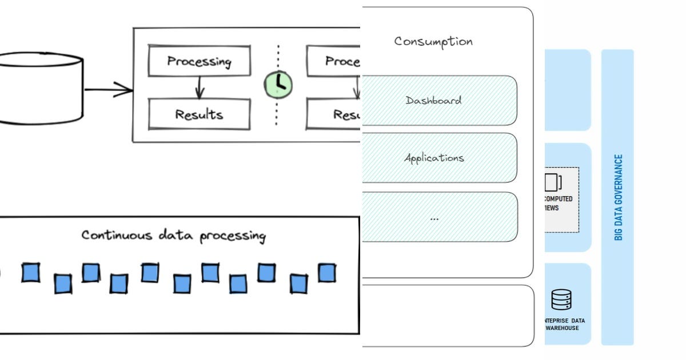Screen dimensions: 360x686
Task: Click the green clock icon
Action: (x=278, y=84)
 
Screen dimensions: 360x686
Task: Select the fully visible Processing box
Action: (x=199, y=62)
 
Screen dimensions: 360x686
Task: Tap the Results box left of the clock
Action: (x=199, y=114)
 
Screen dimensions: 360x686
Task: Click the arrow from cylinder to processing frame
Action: (x=109, y=89)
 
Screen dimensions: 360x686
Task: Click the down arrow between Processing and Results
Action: (x=199, y=87)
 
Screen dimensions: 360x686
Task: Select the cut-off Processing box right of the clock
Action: (x=334, y=62)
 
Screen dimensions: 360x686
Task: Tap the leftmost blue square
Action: (x=30, y=273)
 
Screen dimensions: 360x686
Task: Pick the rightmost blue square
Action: (x=326, y=273)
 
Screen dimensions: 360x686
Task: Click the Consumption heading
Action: (x=433, y=42)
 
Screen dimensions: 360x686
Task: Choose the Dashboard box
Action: (x=439, y=101)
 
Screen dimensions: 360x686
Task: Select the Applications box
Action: (x=439, y=158)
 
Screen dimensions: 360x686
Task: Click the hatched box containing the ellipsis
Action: (x=439, y=217)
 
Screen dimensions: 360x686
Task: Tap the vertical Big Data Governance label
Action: (x=618, y=197)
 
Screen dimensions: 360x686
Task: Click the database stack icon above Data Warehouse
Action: (x=561, y=299)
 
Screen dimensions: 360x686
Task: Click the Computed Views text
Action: (x=559, y=203)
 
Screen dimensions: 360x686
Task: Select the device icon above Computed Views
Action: (x=552, y=182)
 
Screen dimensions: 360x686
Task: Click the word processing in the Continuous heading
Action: (x=233, y=235)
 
